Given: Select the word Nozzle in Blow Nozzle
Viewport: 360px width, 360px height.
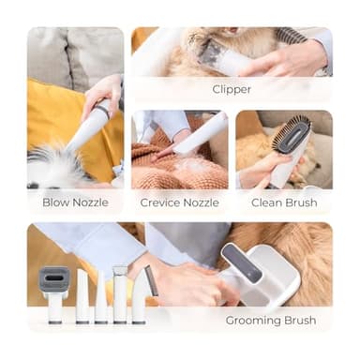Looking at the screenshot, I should point(91,202).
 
